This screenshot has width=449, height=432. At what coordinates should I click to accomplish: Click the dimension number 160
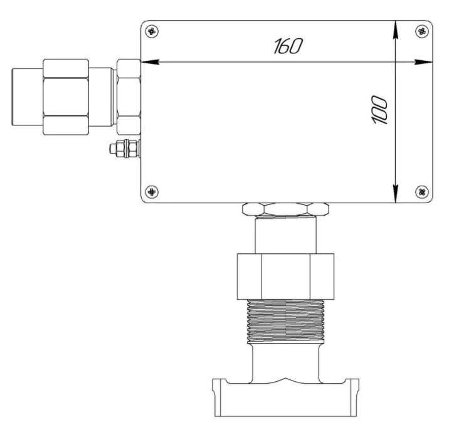click(288, 46)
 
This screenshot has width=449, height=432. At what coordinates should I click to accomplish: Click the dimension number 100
click(379, 110)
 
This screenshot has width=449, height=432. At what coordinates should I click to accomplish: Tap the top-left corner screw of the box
click(152, 31)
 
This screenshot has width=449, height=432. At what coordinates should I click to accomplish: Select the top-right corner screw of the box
click(422, 31)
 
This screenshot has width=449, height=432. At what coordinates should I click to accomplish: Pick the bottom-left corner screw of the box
click(152, 191)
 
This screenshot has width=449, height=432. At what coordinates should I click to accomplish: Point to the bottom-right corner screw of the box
click(422, 191)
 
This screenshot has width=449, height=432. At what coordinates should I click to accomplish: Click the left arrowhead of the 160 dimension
click(150, 62)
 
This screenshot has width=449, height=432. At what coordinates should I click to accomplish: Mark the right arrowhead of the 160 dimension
click(423, 62)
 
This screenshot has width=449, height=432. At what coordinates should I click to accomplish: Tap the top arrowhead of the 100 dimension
click(396, 29)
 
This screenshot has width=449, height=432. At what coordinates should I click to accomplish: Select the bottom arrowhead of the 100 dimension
click(396, 194)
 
